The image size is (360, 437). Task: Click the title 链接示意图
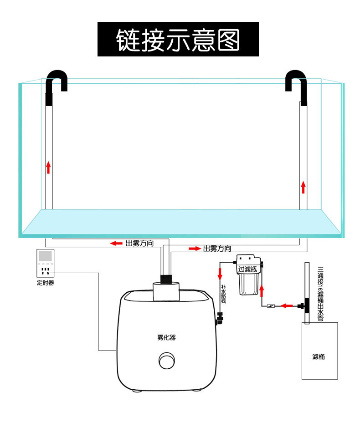pos(178,39)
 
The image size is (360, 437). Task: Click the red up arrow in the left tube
pos(48,167)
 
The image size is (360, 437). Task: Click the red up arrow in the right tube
pos(303,187)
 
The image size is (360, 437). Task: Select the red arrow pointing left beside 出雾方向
pos(116,244)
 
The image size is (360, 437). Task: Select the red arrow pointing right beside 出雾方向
pos(195,249)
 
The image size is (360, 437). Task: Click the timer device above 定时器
pos(45,264)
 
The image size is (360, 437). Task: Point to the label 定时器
pos(45,283)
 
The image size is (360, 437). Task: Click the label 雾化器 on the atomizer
pos(166,338)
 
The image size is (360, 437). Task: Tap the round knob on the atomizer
pos(166,361)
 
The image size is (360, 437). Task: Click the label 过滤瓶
pos(247,269)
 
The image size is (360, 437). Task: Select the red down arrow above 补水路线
pos(220,274)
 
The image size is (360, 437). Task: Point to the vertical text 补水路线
pos(223,297)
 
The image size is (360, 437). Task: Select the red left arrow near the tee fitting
pos(286,305)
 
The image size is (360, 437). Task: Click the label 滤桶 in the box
pos(319,356)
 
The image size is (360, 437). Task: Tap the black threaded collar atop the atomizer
pos(166,277)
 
